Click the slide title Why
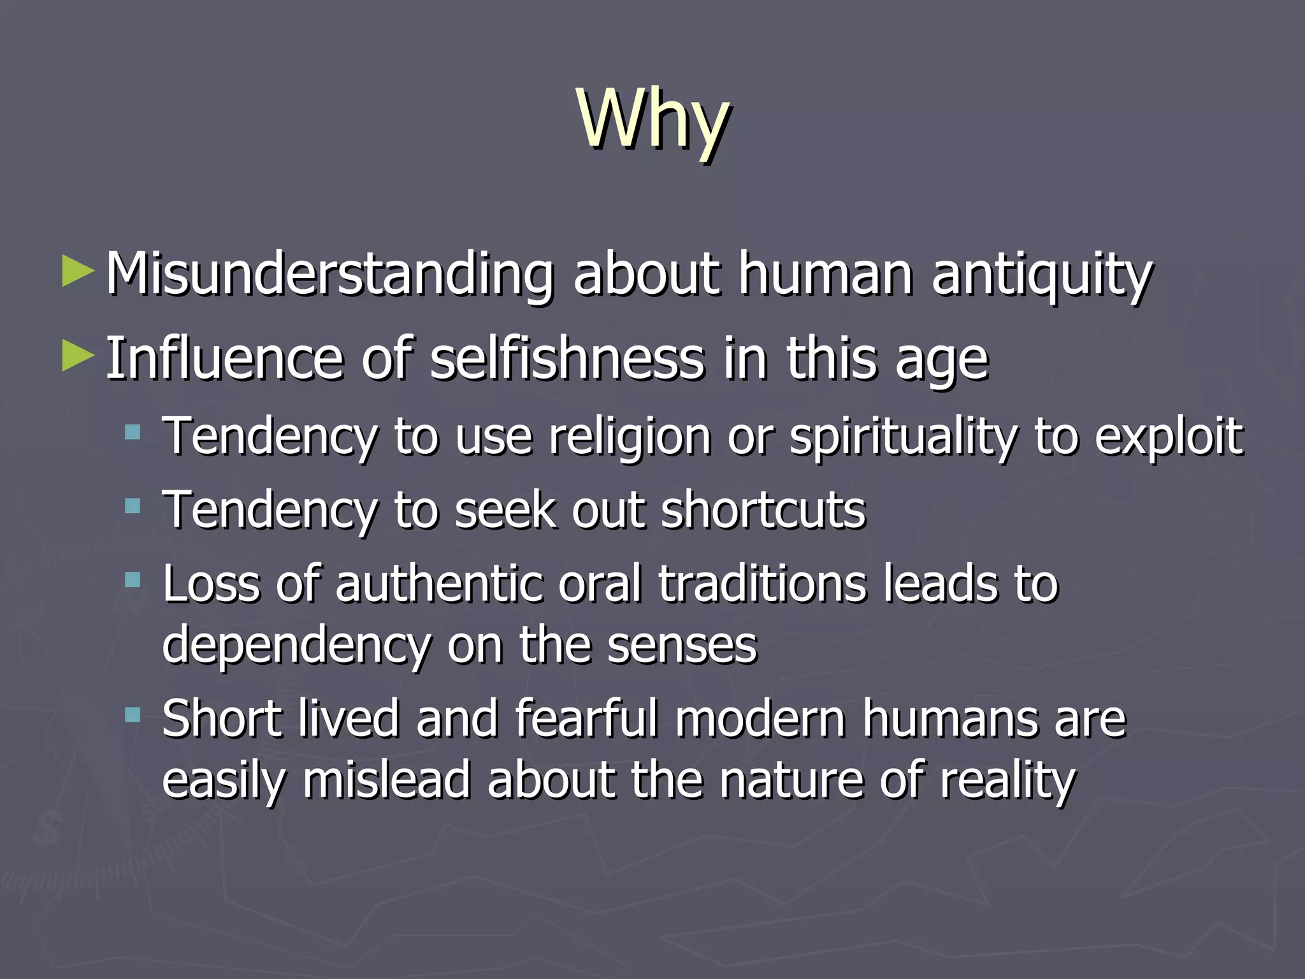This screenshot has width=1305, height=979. (x=652, y=120)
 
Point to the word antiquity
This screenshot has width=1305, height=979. (x=1042, y=275)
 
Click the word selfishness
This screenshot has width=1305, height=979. (x=567, y=358)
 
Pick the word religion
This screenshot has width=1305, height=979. (x=630, y=437)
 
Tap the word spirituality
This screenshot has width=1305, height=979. (x=904, y=437)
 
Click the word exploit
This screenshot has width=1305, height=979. (x=1169, y=437)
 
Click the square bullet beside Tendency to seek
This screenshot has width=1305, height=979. (x=133, y=507)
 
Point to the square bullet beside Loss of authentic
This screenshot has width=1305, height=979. (x=133, y=580)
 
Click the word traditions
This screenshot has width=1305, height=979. (x=762, y=584)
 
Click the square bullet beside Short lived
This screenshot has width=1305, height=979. (x=133, y=715)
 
